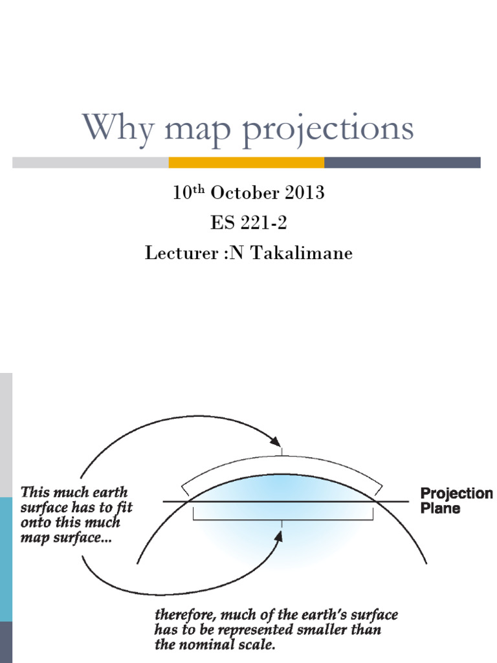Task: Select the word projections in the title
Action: pos(329,129)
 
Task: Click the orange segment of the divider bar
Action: pos(246,163)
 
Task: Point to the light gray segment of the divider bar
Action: pos(90,163)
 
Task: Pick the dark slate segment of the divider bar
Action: pos(402,163)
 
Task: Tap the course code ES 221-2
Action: pos(248,223)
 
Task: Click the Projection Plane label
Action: pos(456,500)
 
